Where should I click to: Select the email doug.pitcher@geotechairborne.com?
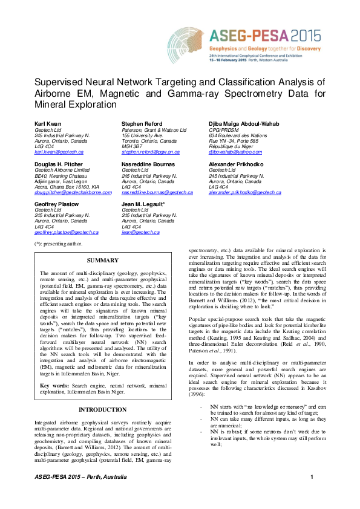pyautogui.click(x=73, y=192)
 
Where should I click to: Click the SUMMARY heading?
pyautogui.click(x=102, y=260)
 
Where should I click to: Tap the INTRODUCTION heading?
pyautogui.click(x=102, y=409)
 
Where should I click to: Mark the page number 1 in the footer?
pyautogui.click(x=312, y=494)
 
